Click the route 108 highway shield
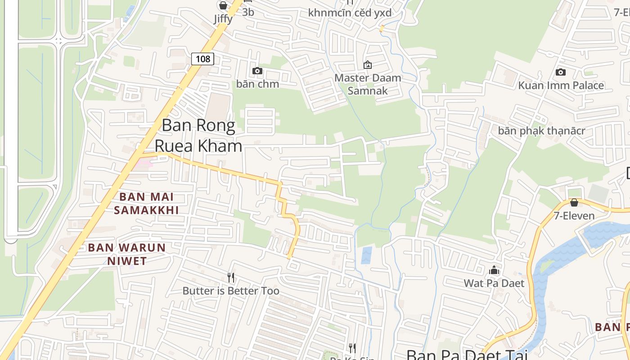(x=202, y=58)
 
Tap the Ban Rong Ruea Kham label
(x=198, y=135)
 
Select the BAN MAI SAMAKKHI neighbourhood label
(x=146, y=203)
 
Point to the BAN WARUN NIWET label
(x=127, y=254)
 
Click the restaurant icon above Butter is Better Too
(x=231, y=277)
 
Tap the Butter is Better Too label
(x=231, y=291)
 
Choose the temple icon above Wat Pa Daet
(x=494, y=270)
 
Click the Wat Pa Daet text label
(x=494, y=283)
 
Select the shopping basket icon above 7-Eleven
(x=574, y=202)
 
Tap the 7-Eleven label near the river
(x=574, y=216)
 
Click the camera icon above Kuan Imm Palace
(x=561, y=72)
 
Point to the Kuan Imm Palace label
(x=561, y=85)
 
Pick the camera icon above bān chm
(x=257, y=71)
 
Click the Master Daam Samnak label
(x=368, y=84)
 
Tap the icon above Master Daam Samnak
(x=368, y=65)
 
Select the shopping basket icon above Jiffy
(x=223, y=5)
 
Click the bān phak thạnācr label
(x=541, y=131)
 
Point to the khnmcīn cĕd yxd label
(x=350, y=13)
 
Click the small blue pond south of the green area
(x=367, y=255)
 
